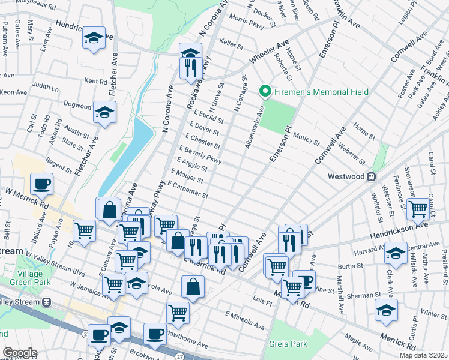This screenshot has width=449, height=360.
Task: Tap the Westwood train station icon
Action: (x=372, y=177)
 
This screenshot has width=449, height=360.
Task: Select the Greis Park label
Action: (x=288, y=344)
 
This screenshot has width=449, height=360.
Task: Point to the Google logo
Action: (x=19, y=353)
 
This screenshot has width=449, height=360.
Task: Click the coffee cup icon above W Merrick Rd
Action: (x=41, y=184)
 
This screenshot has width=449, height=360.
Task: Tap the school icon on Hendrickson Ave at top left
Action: (x=94, y=38)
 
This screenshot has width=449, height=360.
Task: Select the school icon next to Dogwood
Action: (x=105, y=112)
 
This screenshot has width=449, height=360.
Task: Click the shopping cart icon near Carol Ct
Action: (x=418, y=209)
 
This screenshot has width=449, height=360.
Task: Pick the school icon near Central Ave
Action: (x=396, y=253)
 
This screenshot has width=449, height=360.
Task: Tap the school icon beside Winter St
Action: (x=386, y=310)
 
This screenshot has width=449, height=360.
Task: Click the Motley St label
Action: (x=307, y=142)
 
